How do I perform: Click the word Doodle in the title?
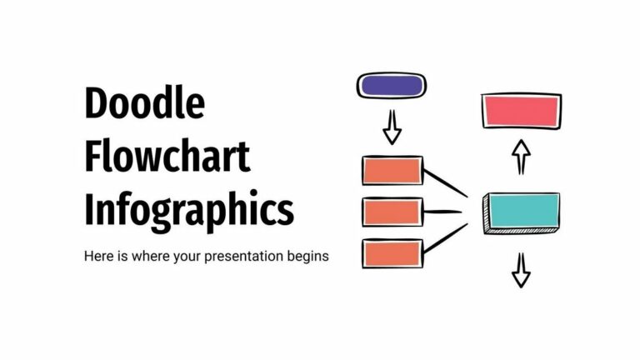[144, 105]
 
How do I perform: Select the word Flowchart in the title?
[167, 157]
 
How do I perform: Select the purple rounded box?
[391, 84]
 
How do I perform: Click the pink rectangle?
[521, 111]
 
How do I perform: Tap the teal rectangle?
[522, 211]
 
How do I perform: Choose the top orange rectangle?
[391, 171]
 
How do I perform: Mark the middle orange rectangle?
[391, 212]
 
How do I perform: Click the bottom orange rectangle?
[391, 253]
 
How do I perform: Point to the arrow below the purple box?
[391, 127]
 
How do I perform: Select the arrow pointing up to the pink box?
[521, 155]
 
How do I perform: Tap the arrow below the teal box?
[521, 268]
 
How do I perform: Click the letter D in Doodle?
[96, 105]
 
